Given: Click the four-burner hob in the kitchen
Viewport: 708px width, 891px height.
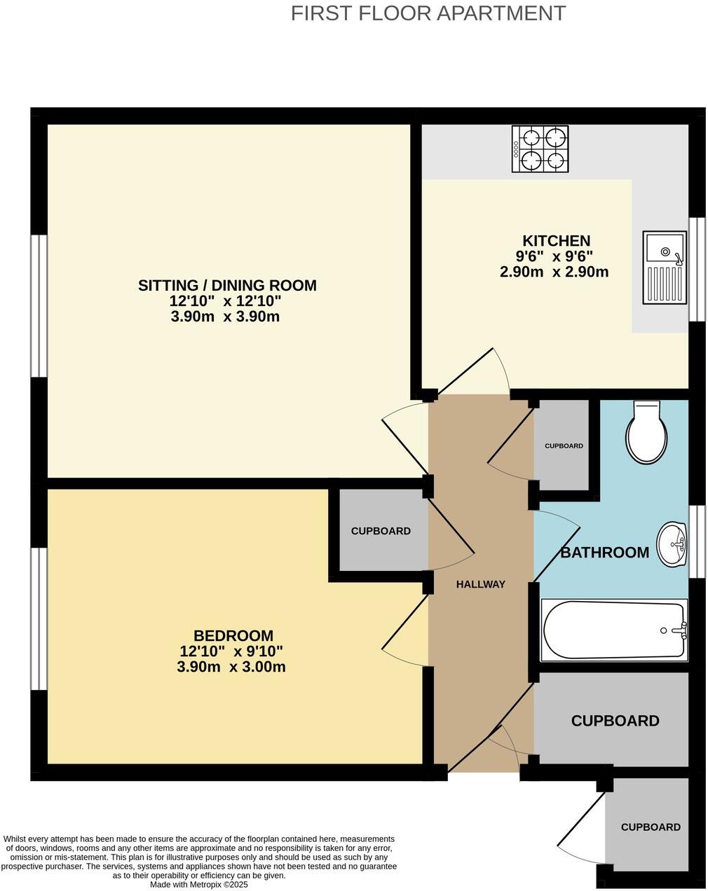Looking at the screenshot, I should click(540, 149).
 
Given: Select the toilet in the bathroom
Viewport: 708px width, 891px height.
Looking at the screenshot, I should click(646, 434).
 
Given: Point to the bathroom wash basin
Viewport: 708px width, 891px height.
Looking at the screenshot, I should click(672, 544).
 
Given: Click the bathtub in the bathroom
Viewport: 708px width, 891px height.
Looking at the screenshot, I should click(613, 630).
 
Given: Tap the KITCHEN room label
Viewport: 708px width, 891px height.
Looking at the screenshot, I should click(556, 240).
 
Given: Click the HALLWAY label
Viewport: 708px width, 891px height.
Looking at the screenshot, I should click(480, 584).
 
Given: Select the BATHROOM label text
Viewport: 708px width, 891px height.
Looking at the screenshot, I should click(604, 553).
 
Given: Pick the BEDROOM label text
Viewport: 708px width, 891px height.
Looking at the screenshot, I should click(233, 636).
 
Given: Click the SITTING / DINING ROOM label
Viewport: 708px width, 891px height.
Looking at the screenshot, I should click(227, 285).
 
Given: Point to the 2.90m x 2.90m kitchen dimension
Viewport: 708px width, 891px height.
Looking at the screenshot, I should click(554, 272).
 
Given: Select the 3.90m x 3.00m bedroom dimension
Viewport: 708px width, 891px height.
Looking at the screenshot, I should click(231, 667).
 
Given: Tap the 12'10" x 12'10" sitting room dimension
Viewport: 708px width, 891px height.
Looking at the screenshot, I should click(225, 301).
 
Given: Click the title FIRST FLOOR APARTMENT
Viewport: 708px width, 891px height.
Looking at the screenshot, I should click(428, 13).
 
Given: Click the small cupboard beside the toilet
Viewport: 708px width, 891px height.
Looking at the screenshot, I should click(564, 445).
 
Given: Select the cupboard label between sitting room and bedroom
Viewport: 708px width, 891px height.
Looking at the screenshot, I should click(381, 531).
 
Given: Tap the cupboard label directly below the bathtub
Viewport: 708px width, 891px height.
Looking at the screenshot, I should click(615, 721).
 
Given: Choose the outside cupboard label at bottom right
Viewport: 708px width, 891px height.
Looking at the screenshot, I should click(651, 827).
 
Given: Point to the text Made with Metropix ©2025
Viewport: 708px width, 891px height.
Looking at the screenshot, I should click(199, 885).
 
